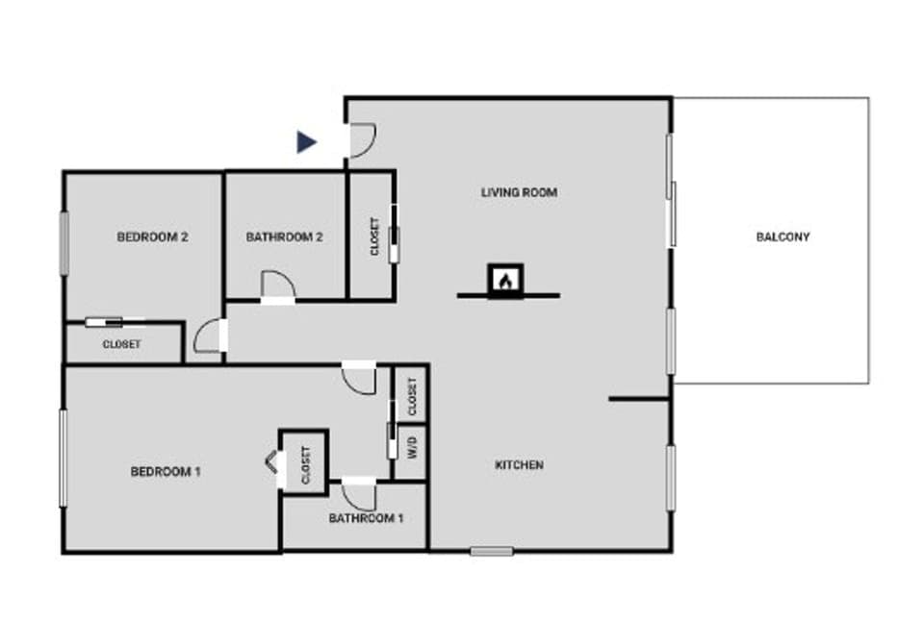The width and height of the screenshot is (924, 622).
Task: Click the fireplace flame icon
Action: point(505,280)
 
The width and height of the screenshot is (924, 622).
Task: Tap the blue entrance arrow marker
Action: point(306,142)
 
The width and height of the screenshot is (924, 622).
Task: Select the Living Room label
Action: point(519,192)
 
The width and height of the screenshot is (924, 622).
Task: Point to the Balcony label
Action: point(783,236)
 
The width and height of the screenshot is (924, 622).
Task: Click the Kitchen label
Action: point(519,465)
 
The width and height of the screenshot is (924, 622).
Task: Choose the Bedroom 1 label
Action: point(166,472)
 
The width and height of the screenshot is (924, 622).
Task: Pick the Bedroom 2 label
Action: point(152,236)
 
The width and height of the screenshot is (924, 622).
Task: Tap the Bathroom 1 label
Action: point(366,518)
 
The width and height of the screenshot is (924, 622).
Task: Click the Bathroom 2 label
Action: point(284,236)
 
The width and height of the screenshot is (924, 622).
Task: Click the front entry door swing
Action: point(361,140)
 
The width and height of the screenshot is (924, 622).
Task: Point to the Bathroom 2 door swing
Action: point(277,285)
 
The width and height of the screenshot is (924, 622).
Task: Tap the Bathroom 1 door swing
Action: point(360,495)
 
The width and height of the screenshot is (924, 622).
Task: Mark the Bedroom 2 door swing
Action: point(208,336)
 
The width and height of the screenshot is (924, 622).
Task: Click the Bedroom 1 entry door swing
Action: point(361,379)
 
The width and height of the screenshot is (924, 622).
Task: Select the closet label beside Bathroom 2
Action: point(374,236)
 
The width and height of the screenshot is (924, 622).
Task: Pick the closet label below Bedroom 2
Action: point(122,344)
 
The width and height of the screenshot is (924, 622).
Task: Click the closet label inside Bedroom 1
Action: point(305,464)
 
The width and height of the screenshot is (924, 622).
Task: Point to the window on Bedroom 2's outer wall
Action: point(65,243)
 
